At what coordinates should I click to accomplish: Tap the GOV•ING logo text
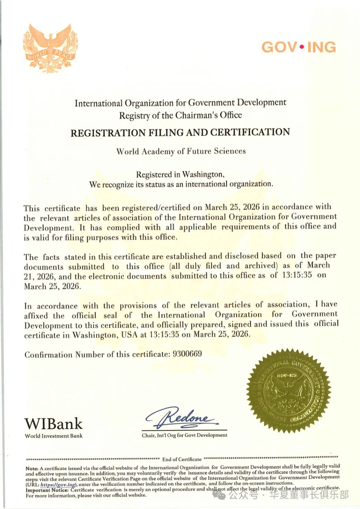[x=298, y=47]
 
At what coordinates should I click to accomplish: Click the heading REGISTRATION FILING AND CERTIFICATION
[x=180, y=132]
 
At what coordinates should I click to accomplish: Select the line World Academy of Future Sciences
[x=181, y=151]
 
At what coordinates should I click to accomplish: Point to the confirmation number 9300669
[x=187, y=354]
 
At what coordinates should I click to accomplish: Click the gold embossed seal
[x=288, y=391]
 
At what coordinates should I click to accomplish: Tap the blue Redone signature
[x=182, y=418]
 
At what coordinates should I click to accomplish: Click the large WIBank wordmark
[x=54, y=423]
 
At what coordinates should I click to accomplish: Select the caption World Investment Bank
[x=54, y=436]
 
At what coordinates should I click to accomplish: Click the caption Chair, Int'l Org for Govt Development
[x=184, y=435]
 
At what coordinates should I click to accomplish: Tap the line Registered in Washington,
[x=180, y=174]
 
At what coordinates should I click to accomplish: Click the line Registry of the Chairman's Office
[x=180, y=115]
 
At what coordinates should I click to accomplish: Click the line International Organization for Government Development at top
[x=180, y=103]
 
